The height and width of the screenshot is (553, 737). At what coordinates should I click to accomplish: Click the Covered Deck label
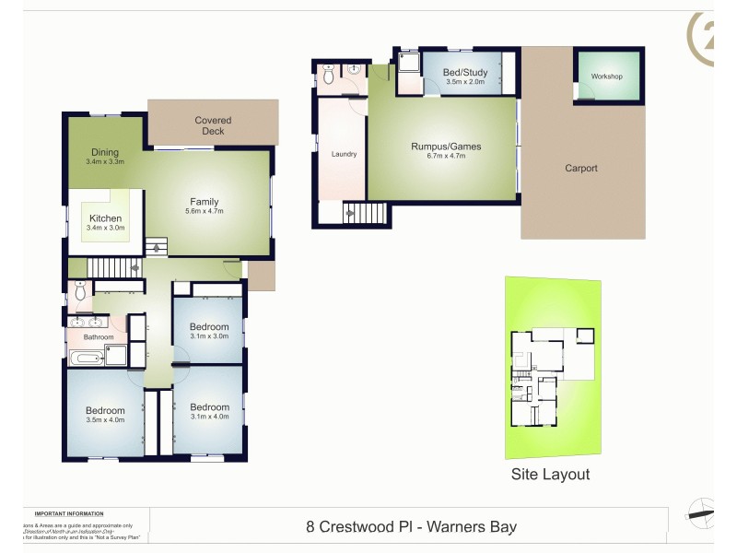[x=213, y=125]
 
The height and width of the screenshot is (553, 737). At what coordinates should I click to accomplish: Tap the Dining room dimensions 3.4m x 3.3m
[x=105, y=162]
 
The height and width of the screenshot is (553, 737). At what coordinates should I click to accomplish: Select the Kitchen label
[x=105, y=218]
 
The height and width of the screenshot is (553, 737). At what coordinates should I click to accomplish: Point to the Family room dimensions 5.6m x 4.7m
[x=204, y=212]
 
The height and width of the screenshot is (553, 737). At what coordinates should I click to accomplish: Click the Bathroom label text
[x=99, y=337]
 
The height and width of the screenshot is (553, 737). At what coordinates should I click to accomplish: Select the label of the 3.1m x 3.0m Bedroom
[x=209, y=327]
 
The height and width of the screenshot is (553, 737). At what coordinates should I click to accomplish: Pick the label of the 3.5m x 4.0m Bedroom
[x=105, y=411]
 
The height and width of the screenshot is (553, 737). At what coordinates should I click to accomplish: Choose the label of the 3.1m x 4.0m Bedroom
[x=209, y=407]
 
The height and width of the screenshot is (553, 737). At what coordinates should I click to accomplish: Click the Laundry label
[x=344, y=154]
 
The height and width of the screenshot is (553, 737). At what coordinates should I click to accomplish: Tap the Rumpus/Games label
[x=446, y=147]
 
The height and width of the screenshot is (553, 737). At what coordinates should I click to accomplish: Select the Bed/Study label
[x=464, y=72]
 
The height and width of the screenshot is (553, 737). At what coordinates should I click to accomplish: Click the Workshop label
[x=607, y=76]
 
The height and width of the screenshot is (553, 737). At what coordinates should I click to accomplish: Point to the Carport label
[x=581, y=168]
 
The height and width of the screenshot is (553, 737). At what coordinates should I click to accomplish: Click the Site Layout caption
[x=550, y=475]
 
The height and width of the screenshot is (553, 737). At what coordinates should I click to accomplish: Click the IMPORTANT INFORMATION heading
[x=69, y=513]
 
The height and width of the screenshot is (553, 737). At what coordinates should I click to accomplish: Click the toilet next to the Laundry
[x=329, y=77]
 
